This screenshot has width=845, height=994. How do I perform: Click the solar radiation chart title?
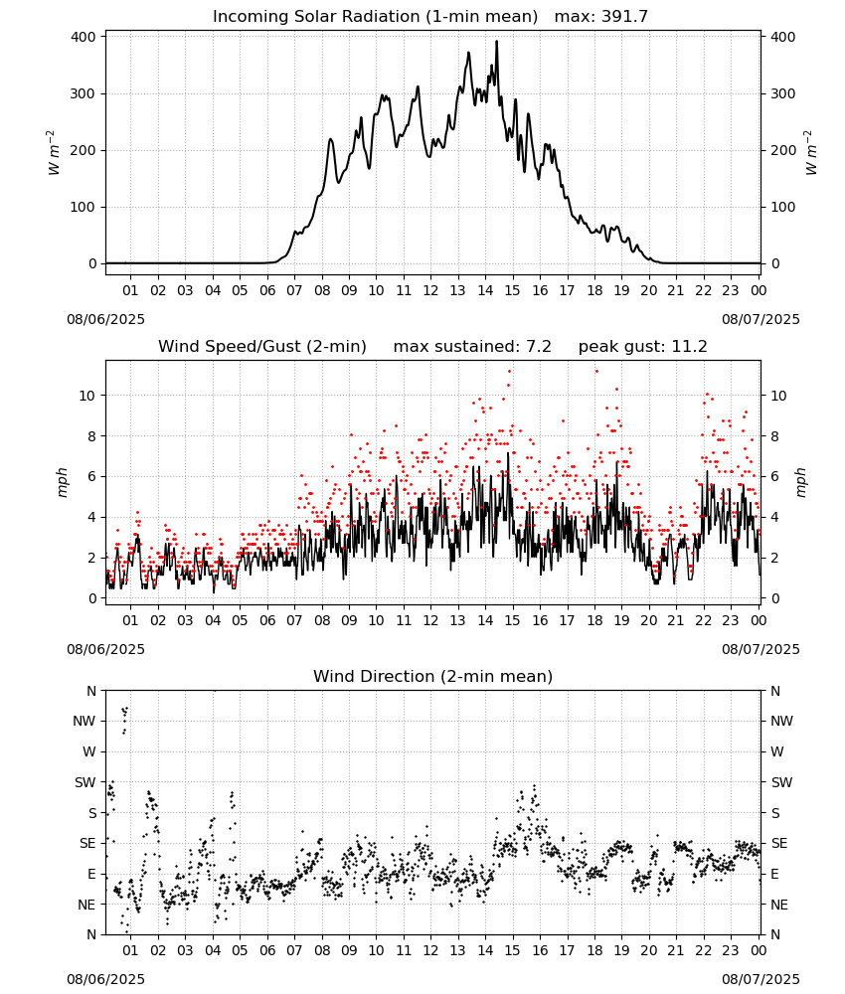click(430, 16)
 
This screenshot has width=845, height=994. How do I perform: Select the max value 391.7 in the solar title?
click(624, 16)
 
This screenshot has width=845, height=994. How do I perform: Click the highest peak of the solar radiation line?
click(496, 41)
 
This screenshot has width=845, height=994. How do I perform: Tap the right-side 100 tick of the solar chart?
click(783, 208)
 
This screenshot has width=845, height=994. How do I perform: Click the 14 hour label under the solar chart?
click(485, 290)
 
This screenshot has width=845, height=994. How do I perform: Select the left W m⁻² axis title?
click(55, 153)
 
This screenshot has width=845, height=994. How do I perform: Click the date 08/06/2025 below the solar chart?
click(105, 319)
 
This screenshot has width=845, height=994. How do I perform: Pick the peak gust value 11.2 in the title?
click(690, 346)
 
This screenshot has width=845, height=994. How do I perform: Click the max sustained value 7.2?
click(539, 346)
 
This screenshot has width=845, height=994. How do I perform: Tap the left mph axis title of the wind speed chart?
click(62, 482)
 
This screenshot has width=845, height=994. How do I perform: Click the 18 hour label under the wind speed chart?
click(594, 620)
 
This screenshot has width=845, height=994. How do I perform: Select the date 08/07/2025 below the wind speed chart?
click(760, 649)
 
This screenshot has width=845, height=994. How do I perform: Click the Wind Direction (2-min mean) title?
click(433, 676)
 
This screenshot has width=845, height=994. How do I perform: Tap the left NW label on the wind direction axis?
click(84, 722)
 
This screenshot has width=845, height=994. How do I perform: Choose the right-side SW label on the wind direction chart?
click(781, 783)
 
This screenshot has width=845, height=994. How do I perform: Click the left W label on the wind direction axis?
click(89, 751)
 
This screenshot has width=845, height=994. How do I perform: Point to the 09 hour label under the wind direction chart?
click(349, 951)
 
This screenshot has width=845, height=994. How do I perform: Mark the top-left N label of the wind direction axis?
click(91, 691)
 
